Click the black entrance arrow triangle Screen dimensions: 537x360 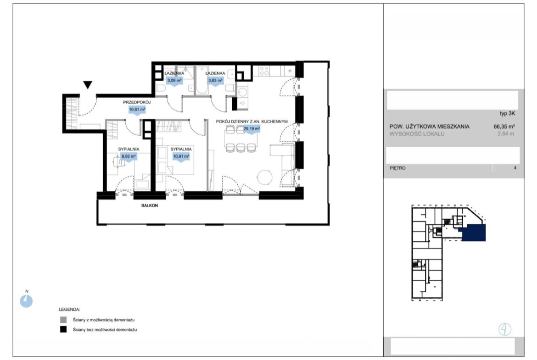[88, 84]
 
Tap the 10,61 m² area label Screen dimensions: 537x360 [137, 110]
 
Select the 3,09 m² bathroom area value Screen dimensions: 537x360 [174, 81]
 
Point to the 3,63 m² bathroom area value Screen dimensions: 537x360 [215, 81]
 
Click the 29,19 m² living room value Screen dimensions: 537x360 [252, 129]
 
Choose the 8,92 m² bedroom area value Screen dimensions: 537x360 [129, 156]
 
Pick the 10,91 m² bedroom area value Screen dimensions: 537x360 [181, 156]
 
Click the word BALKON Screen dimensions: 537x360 [150, 205]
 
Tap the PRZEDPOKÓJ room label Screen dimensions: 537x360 [137, 102]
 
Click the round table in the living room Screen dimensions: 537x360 [265, 177]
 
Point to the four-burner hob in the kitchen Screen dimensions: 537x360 [264, 71]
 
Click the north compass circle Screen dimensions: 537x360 [26, 301]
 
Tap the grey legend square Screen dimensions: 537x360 [63, 320]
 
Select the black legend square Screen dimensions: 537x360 [63, 330]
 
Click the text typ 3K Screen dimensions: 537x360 [507, 114]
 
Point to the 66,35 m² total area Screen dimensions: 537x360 [504, 126]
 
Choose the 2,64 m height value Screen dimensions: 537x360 [506, 134]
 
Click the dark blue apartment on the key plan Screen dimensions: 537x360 [474, 233]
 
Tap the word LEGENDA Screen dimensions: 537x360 [69, 310]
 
